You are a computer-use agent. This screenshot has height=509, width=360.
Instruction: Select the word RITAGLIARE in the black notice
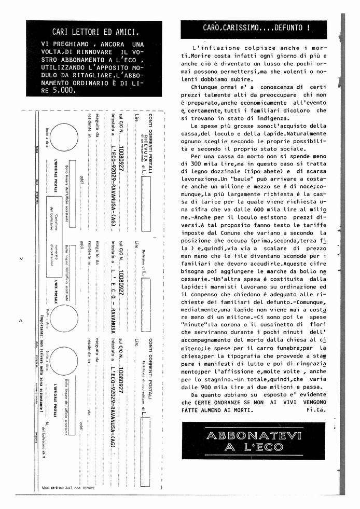pyautogui.click(x=78, y=76)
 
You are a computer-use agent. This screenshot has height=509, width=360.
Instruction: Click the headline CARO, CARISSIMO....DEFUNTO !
pyautogui.click(x=256, y=27)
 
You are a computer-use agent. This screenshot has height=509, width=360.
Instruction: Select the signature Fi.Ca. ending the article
pyautogui.click(x=316, y=409)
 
